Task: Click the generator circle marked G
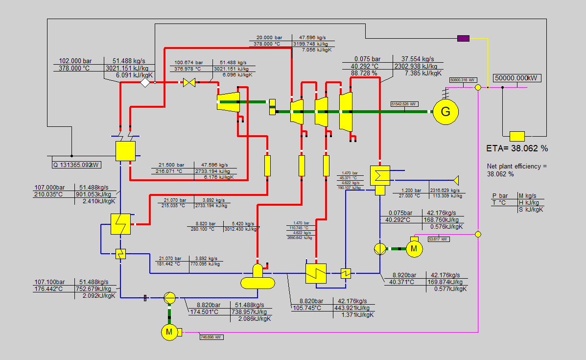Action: click(445, 112)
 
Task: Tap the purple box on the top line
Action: click(463, 38)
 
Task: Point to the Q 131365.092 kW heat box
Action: click(76, 165)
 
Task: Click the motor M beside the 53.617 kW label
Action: click(414, 249)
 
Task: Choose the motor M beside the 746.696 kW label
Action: click(169, 332)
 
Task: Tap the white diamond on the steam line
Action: click(145, 83)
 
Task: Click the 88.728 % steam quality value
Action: click(364, 73)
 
